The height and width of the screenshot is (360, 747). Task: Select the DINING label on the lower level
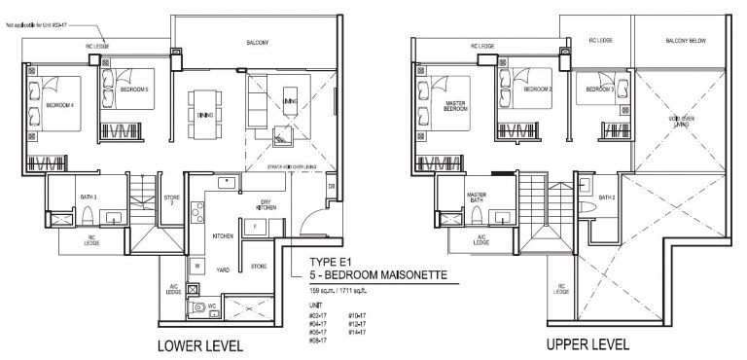click(x=205, y=115)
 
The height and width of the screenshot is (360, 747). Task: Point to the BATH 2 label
click(x=607, y=198)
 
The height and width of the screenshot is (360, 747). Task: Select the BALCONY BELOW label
click(x=685, y=42)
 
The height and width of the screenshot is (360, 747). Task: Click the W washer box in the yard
click(x=196, y=265)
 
